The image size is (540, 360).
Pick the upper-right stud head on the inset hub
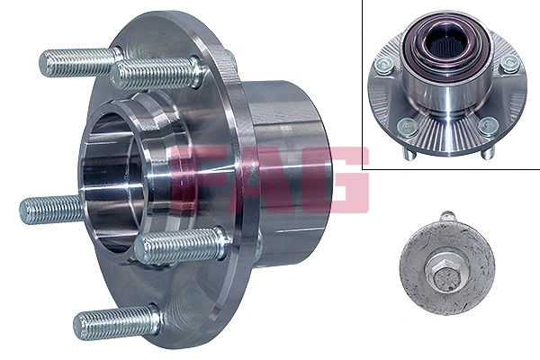pyautogui.click(x=510, y=62)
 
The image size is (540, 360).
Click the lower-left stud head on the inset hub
pyautogui.click(x=407, y=125)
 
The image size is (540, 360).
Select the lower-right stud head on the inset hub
pyautogui.click(x=487, y=125)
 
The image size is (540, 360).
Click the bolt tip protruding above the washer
pyautogui.click(x=447, y=217)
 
